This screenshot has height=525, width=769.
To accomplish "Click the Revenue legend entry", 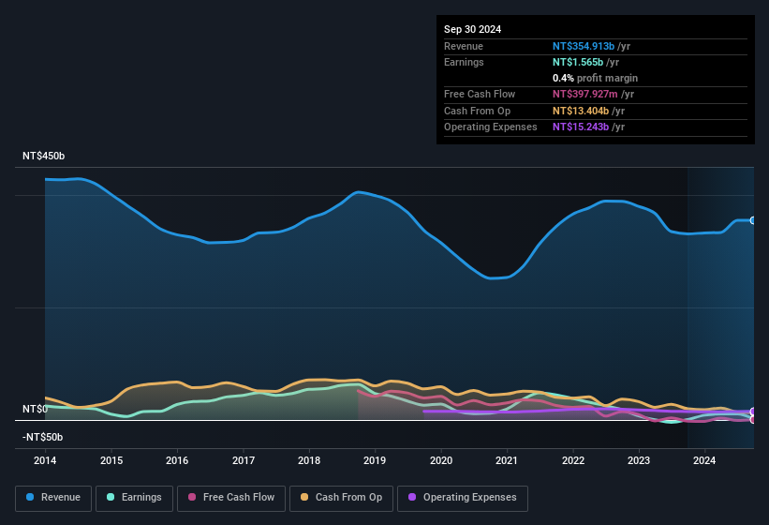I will pyautogui.click(x=53, y=498).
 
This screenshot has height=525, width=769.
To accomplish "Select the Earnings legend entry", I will pyautogui.click(x=134, y=498).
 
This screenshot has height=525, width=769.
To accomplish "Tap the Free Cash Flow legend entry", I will pyautogui.click(x=231, y=498).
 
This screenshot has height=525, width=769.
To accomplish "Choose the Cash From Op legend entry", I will pyautogui.click(x=340, y=498).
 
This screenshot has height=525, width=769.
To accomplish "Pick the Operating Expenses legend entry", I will pyautogui.click(x=463, y=498).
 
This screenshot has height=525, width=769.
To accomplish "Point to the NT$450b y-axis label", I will pyautogui.click(x=43, y=156).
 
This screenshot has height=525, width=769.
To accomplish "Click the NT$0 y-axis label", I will pyautogui.click(x=34, y=410).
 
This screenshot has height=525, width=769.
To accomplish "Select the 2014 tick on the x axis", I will pyautogui.click(x=45, y=460).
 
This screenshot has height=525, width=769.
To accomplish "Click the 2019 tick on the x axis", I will pyautogui.click(x=375, y=460).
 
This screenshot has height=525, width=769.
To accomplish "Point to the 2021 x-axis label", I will pyautogui.click(x=507, y=460).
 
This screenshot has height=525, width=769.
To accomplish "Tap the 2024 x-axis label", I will pyautogui.click(x=704, y=460).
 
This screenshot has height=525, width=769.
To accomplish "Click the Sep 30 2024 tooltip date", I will pyautogui.click(x=472, y=29).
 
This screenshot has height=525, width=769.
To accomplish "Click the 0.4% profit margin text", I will pyautogui.click(x=595, y=78).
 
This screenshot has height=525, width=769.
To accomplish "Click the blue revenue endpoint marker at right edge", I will pyautogui.click(x=753, y=220).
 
